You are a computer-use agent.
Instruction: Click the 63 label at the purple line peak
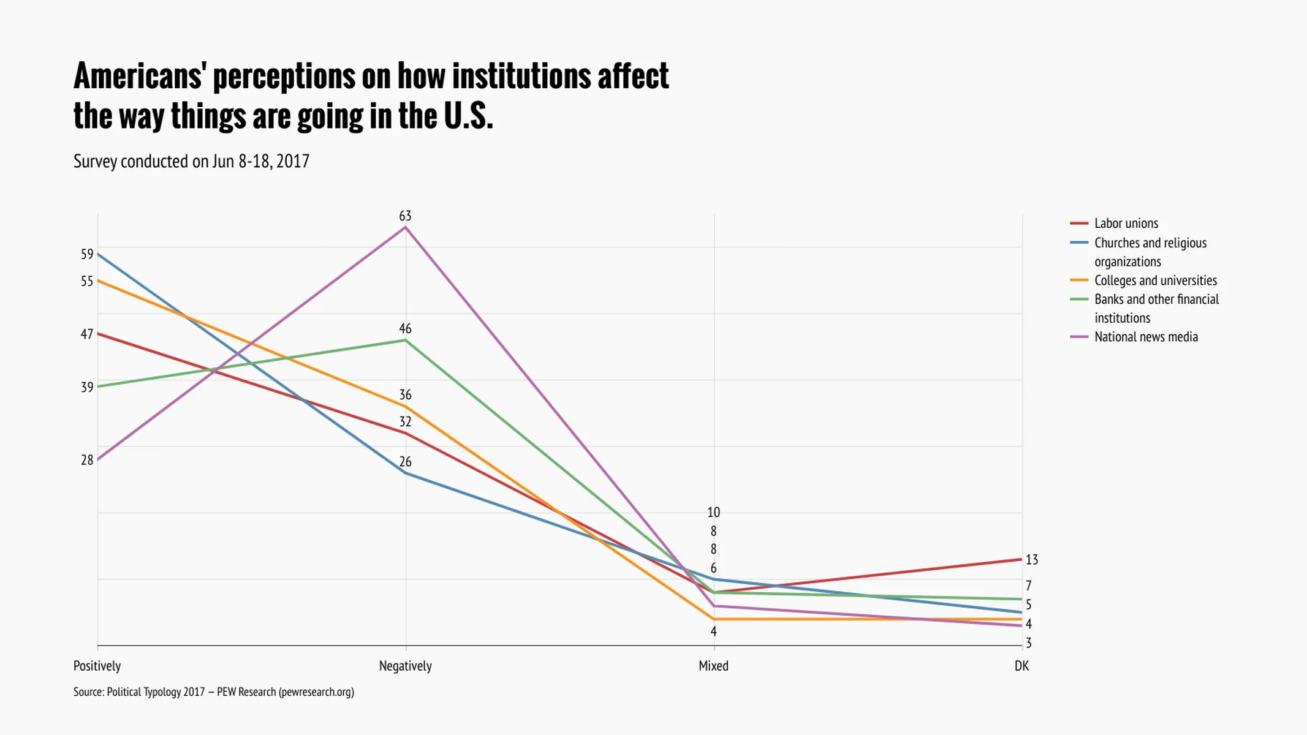coord(405,216)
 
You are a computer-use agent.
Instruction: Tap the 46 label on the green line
coord(405,329)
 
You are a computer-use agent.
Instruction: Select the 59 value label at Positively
coord(87,254)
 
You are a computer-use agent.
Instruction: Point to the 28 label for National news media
coord(87,460)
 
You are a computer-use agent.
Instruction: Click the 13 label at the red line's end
coord(1032,560)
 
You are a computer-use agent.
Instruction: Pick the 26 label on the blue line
coord(405,462)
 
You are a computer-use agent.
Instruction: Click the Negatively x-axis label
coord(405,666)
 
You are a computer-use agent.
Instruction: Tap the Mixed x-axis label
coord(713,666)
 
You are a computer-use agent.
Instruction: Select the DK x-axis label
coord(1021,666)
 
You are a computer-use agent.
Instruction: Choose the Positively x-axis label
coord(97,666)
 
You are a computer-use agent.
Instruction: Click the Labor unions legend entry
coord(1126,224)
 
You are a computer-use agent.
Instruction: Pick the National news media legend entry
coord(1145,337)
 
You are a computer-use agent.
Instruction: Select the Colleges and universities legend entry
coord(1155,281)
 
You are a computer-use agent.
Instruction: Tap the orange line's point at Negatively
coord(405,406)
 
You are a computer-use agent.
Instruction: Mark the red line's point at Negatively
coord(405,433)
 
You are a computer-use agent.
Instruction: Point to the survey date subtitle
coord(191,161)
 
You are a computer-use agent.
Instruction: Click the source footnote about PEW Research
coord(213,692)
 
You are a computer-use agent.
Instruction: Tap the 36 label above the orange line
coord(405,395)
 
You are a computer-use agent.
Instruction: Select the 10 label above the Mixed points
coord(713,513)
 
